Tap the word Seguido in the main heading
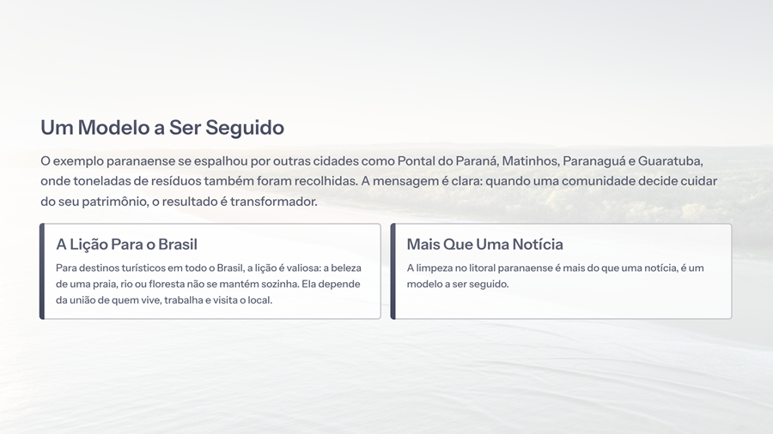[x=245, y=128]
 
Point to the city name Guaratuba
[x=670, y=161]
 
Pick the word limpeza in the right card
[x=433, y=268]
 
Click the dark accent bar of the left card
[x=42, y=271]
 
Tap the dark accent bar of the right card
[x=393, y=271]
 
